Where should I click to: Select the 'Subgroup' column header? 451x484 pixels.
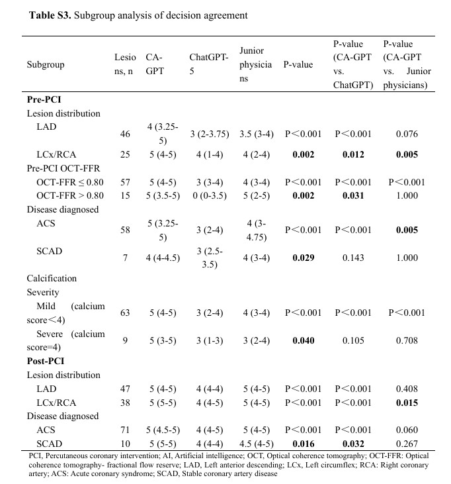(x=45, y=65)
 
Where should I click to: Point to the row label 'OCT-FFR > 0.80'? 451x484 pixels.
(x=69, y=195)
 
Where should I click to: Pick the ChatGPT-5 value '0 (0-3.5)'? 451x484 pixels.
(x=208, y=195)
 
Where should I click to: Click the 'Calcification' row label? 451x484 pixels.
(x=52, y=279)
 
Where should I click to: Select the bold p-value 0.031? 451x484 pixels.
(x=354, y=195)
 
